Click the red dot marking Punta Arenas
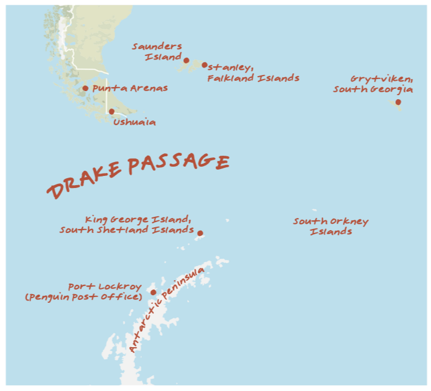point(85,88)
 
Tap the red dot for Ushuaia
point(111,111)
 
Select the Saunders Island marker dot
point(186,60)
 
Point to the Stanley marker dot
point(205,65)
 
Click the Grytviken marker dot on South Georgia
point(398,102)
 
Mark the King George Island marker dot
point(200,234)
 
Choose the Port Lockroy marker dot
point(153,292)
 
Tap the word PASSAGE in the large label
point(179,163)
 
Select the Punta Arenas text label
point(130,88)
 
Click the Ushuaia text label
point(134,122)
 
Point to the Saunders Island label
point(157,52)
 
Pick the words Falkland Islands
point(254,78)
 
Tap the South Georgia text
point(373,89)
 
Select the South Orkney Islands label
point(331,226)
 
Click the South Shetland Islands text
point(127,230)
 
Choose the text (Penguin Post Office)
point(84,297)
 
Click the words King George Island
point(138,219)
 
